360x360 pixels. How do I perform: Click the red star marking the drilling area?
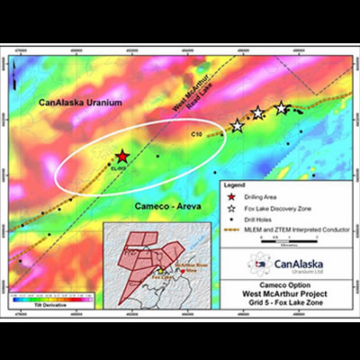pyautogui.click(x=121, y=156)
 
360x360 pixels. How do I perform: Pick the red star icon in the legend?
pyautogui.click(x=232, y=196)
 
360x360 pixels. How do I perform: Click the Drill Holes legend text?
pyautogui.click(x=262, y=220)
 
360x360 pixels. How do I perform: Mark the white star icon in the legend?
pyautogui.click(x=232, y=208)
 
